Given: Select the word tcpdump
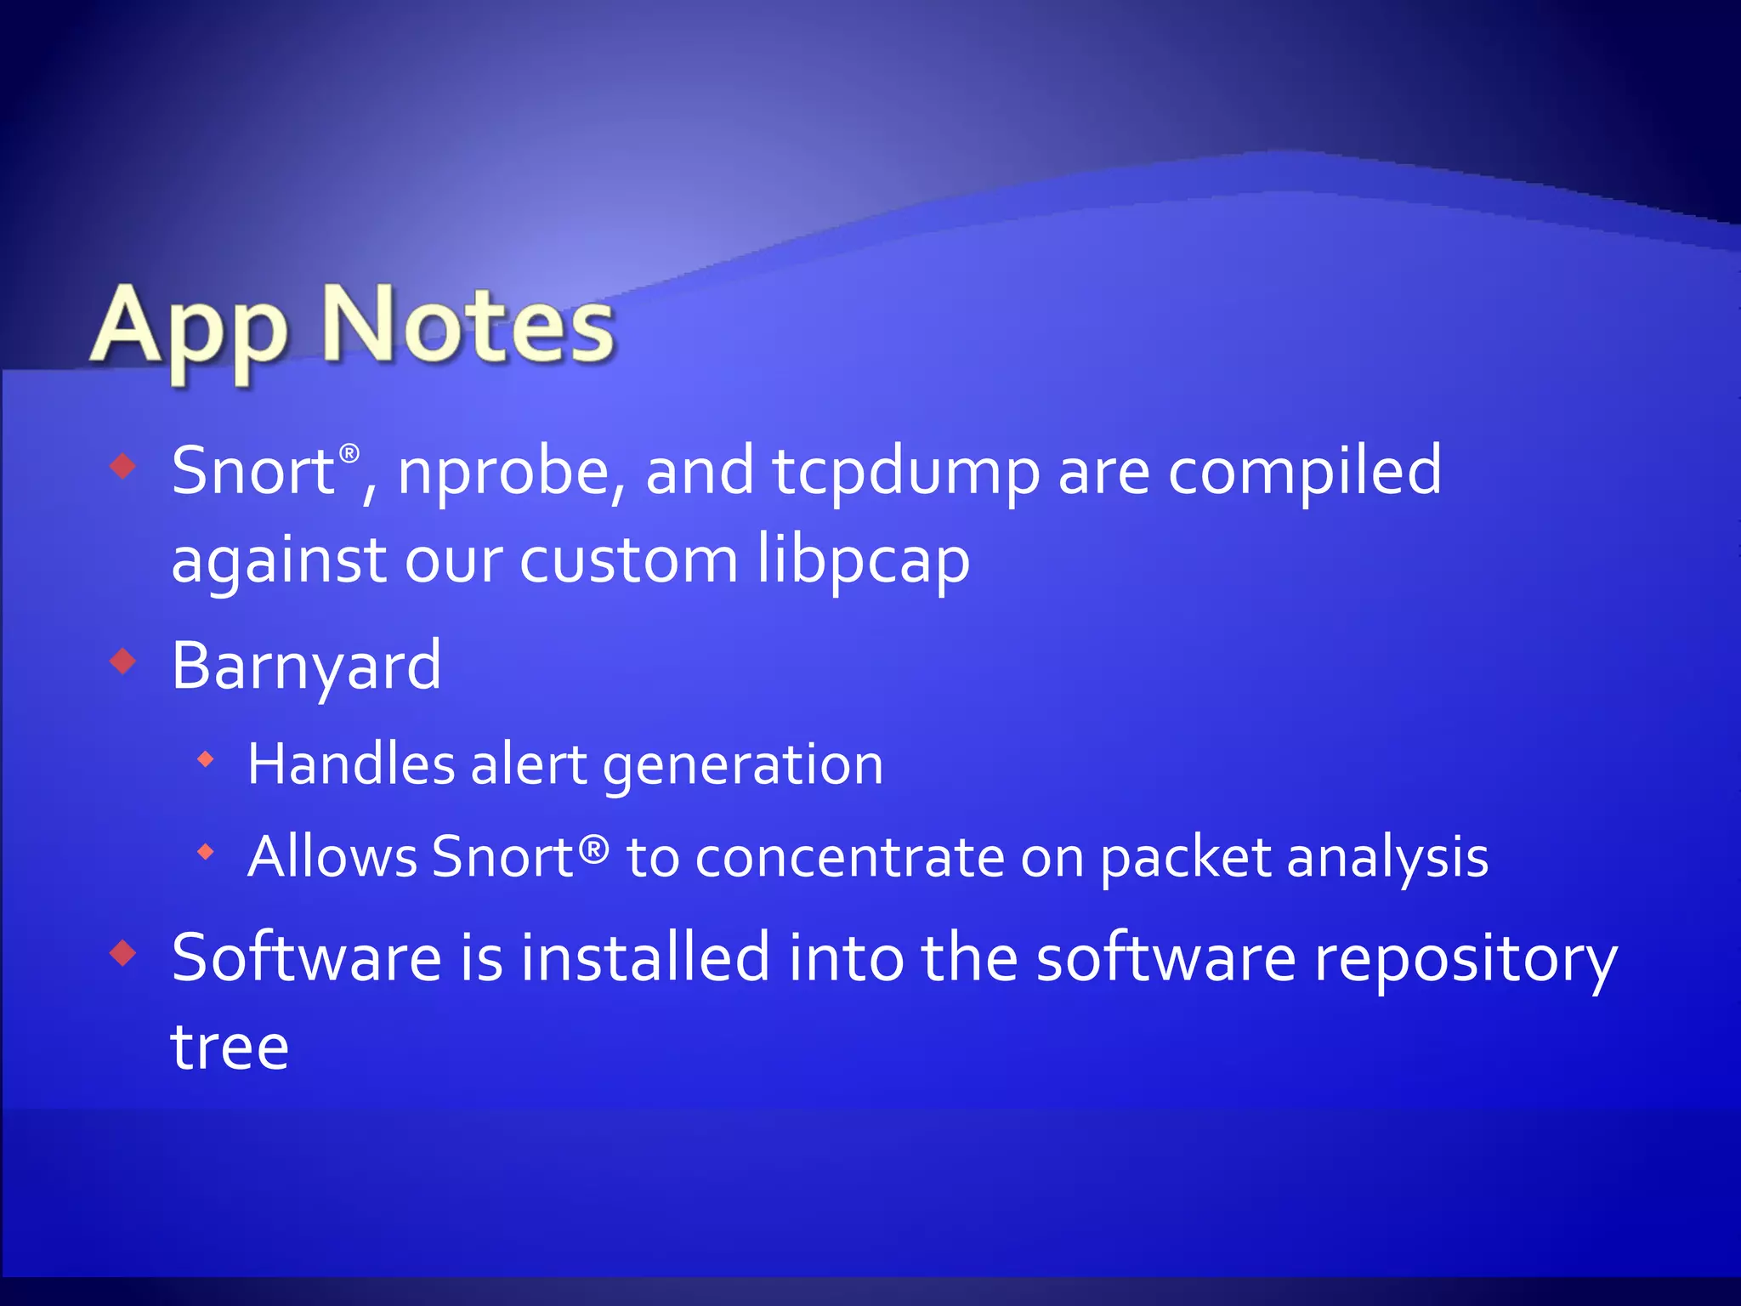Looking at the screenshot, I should click(906, 474).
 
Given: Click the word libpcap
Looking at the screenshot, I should click(864, 562).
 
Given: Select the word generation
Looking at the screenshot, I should click(743, 765).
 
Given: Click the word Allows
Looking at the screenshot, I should click(332, 856).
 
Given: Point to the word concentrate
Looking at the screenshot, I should click(850, 856).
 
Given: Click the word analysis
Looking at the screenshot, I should click(1387, 858).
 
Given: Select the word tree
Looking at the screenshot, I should click(230, 1047).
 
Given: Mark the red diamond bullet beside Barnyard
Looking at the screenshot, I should click(123, 661).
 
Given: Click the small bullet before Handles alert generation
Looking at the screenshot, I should click(205, 759).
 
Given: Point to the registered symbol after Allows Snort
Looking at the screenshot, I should click(594, 848).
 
